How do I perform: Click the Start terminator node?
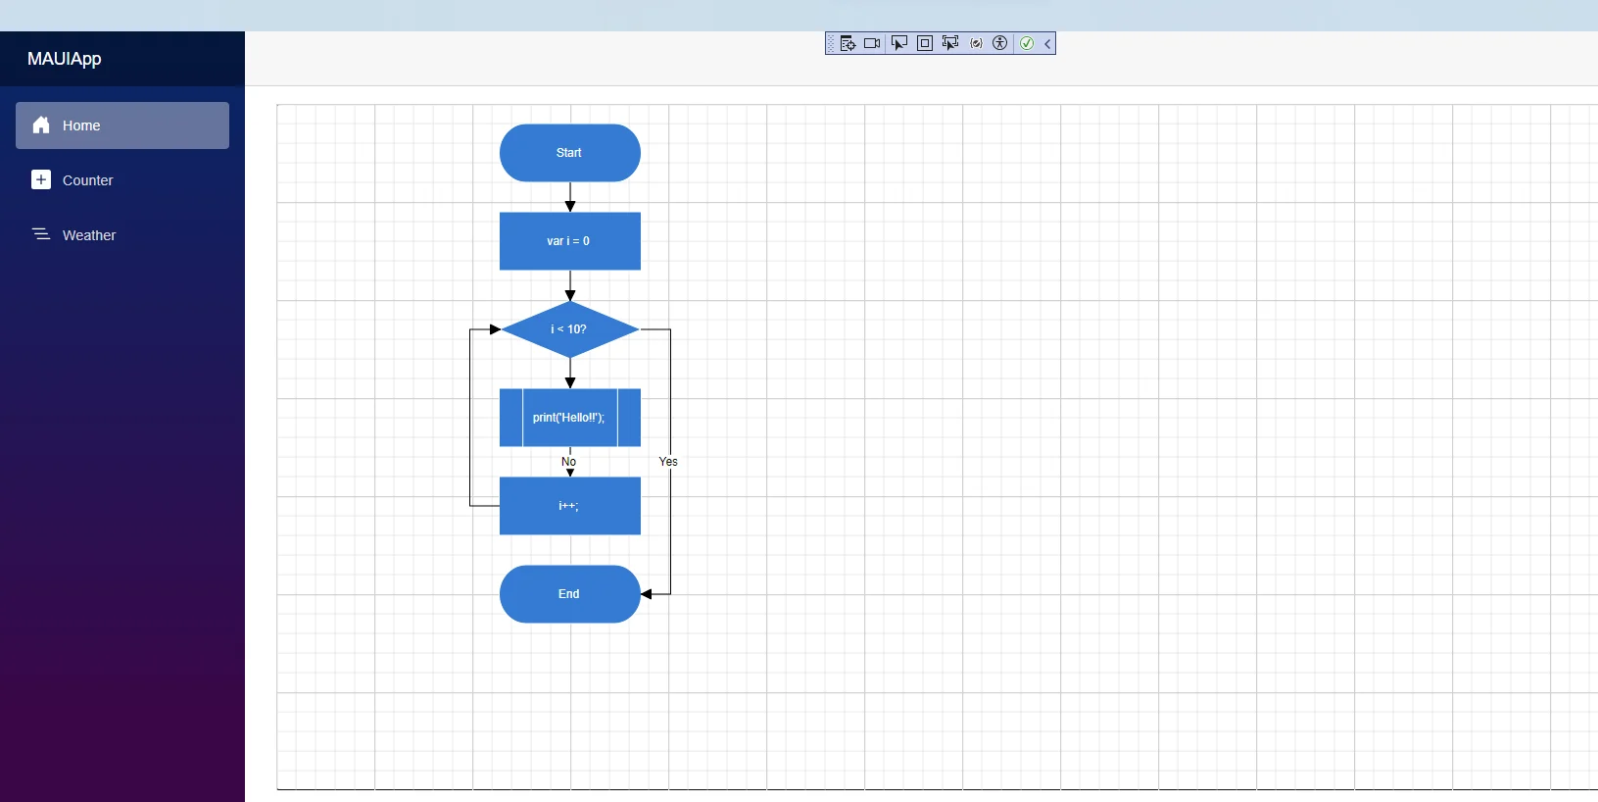[x=570, y=153]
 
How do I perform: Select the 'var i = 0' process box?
[x=570, y=241]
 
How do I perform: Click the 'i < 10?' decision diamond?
[x=570, y=329]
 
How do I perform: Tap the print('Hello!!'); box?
[x=570, y=418]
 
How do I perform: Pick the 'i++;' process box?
[x=570, y=506]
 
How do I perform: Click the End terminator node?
[x=570, y=594]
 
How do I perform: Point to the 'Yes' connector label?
[x=668, y=462]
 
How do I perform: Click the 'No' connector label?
[x=568, y=462]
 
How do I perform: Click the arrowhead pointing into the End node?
[x=646, y=594]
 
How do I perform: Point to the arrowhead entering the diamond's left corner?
[x=496, y=329]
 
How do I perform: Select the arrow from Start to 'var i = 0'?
[x=570, y=197]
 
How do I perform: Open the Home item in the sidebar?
[x=122, y=125]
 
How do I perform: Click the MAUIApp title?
[x=65, y=59]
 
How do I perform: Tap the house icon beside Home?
[x=41, y=125]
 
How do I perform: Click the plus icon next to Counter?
[x=41, y=179]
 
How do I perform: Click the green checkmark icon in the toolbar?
[x=1027, y=43]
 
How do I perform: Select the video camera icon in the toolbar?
[x=872, y=43]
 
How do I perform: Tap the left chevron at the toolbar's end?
[x=1047, y=43]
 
